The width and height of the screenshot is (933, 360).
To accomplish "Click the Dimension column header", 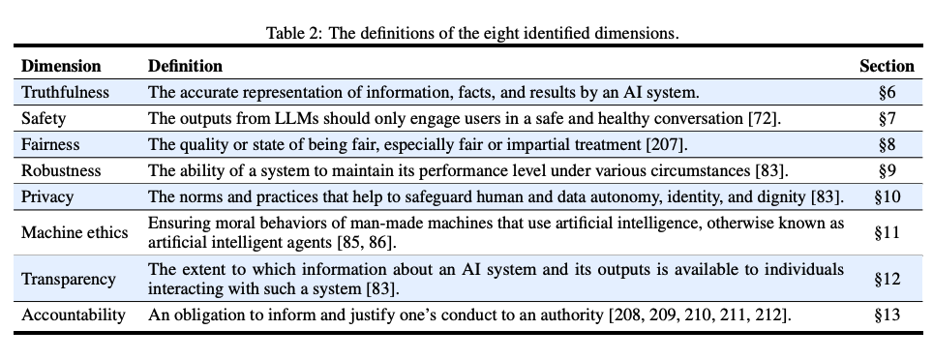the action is [x=61, y=67].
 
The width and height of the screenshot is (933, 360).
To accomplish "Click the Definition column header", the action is [x=185, y=67].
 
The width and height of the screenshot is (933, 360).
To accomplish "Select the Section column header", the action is [x=887, y=67].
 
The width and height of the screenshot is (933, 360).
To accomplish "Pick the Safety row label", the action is [x=44, y=119].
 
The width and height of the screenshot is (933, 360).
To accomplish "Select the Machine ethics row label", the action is [x=72, y=231].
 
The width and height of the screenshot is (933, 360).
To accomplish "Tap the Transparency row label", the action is [x=68, y=280].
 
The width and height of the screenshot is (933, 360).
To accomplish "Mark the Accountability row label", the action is [x=74, y=315].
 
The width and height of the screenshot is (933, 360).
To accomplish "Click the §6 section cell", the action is [x=887, y=93].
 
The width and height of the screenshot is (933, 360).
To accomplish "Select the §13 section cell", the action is [x=887, y=315].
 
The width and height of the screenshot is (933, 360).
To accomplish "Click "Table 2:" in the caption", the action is [x=292, y=34].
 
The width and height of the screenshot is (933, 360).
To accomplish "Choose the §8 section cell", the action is [x=887, y=145].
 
